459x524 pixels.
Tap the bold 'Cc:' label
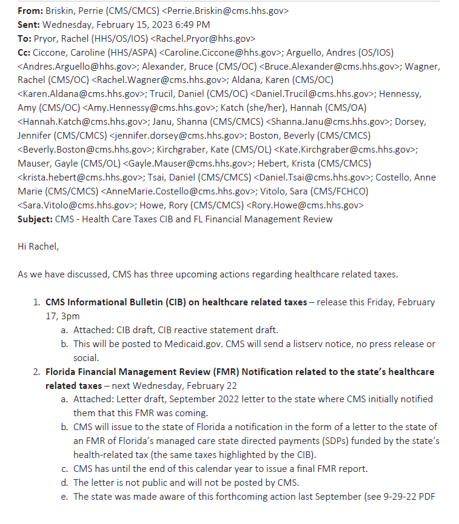(25, 52)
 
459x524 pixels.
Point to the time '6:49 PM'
(193, 24)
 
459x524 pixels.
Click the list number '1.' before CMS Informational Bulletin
(37, 302)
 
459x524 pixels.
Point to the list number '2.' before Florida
(37, 371)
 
